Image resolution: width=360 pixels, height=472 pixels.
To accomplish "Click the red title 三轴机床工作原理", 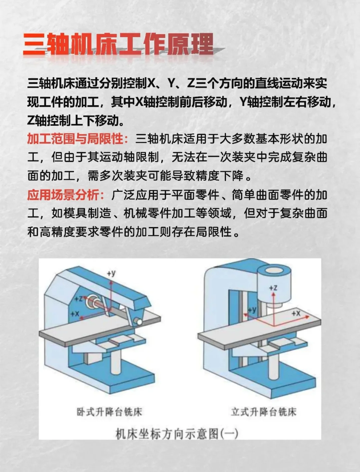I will tap(118, 44).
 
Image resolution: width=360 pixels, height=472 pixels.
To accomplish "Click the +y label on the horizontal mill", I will tap(111, 274).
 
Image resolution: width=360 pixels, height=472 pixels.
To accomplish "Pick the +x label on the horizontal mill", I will tap(75, 314).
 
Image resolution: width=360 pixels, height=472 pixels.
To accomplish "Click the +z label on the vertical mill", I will tap(273, 288).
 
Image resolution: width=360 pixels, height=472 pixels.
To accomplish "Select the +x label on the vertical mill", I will tap(296, 313).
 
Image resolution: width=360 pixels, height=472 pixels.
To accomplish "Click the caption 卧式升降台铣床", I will tap(109, 412).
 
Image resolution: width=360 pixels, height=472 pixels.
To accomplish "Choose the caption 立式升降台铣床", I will tap(263, 412).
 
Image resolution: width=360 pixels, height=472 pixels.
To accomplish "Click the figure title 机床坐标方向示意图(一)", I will tap(177, 434).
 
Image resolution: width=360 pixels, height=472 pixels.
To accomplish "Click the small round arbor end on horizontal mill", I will tap(138, 322).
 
